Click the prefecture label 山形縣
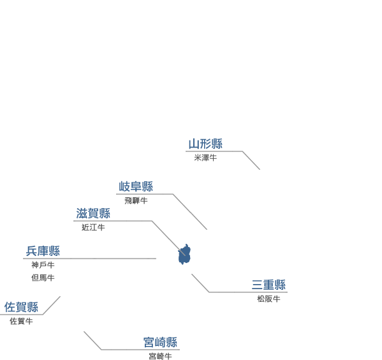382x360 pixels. [x=205, y=144]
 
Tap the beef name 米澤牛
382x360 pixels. [x=205, y=158]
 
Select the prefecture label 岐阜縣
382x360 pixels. [x=136, y=186]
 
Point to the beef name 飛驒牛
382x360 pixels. [x=136, y=200]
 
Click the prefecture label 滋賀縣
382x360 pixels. [x=93, y=213]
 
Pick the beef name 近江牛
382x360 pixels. [x=93, y=228]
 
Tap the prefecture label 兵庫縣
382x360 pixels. [x=43, y=251]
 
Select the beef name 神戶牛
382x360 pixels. [x=43, y=265]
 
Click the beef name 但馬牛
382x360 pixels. [x=43, y=278]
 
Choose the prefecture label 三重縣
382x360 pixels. [x=268, y=285]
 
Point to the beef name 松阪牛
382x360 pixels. [x=268, y=299]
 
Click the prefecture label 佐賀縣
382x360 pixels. [x=21, y=307]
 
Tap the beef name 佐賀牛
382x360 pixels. [x=21, y=321]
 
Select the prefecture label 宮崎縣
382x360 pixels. [x=160, y=342]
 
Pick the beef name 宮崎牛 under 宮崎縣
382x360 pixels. [x=160, y=356]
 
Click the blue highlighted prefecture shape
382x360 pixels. [x=184, y=255]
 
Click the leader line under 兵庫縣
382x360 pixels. [x=90, y=259]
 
